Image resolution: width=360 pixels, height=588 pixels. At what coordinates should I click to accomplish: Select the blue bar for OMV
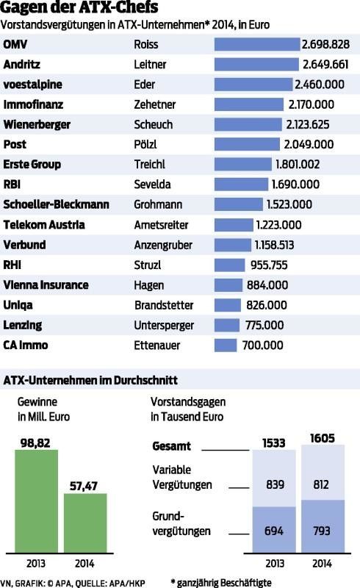pyautogui.click(x=256, y=44)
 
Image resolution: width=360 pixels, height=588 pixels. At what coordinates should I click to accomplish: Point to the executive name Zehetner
pyautogui.click(x=156, y=104)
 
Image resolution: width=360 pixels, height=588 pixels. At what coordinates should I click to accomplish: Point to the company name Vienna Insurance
pyautogui.click(x=46, y=284)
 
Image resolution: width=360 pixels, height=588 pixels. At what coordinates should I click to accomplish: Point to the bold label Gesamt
pyautogui.click(x=171, y=446)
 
